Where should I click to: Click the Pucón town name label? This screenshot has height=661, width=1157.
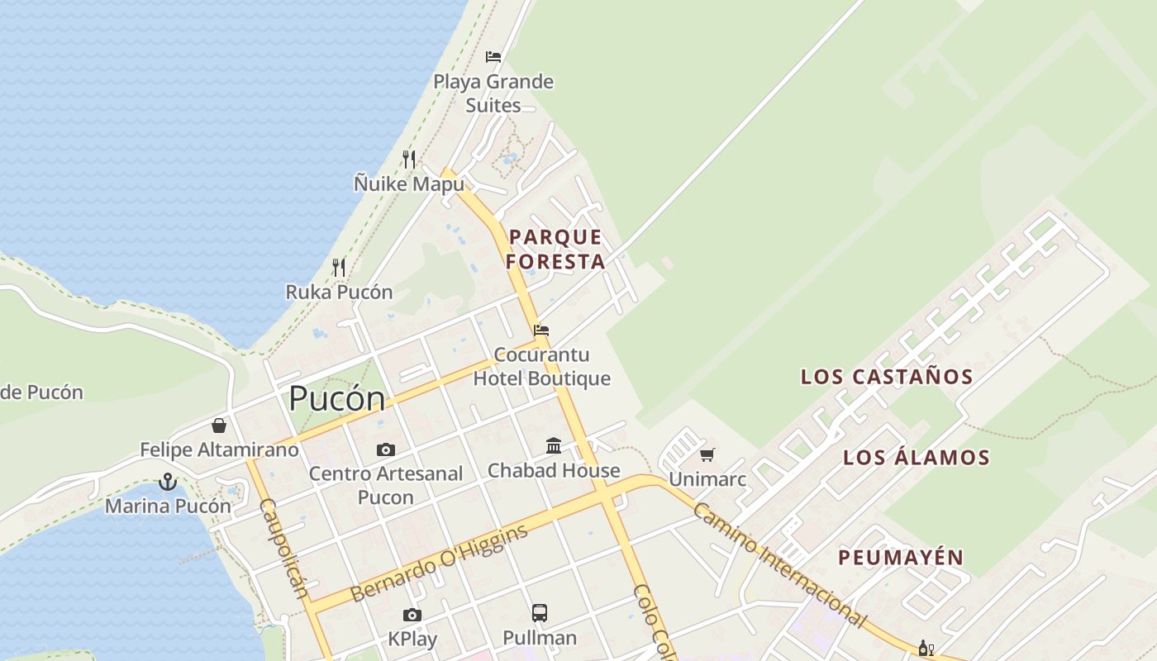336,400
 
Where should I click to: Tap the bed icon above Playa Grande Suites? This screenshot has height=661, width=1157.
493,57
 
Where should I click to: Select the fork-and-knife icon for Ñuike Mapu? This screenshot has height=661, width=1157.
409,159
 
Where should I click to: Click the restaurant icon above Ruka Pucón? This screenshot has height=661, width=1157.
339,267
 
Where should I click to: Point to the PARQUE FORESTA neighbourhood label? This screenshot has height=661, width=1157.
555,250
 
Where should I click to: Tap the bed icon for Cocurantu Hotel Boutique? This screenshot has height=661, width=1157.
541,330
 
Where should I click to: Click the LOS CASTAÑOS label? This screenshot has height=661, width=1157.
887,377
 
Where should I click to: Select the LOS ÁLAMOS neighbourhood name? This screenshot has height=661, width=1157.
916,458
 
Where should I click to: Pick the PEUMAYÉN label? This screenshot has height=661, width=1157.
901,558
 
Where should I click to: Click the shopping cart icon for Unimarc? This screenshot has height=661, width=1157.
707,454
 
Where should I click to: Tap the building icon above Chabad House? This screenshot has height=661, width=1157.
554,446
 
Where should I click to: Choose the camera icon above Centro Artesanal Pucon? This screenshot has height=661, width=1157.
385,450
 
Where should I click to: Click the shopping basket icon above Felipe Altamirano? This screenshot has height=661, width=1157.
219,426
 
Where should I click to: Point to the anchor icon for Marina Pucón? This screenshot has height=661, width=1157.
168,481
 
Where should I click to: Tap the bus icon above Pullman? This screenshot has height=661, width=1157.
540,613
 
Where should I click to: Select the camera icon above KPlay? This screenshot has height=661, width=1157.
412,615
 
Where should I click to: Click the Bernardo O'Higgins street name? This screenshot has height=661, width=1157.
439,564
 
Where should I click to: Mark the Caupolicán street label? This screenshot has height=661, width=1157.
283,547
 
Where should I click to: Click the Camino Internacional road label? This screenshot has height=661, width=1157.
778,565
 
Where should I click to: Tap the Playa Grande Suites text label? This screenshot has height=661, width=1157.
493,93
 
